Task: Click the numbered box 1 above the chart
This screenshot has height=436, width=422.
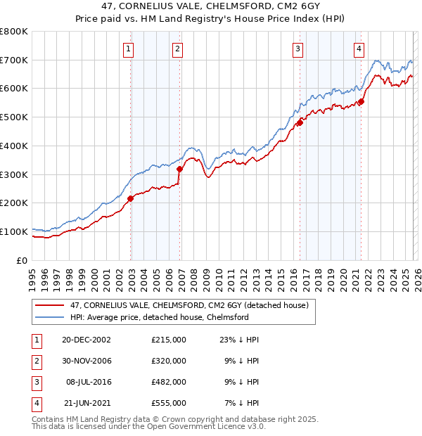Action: tap(129, 49)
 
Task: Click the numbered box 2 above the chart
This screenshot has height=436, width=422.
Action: tap(177, 49)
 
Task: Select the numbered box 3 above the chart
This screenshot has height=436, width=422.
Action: tap(298, 49)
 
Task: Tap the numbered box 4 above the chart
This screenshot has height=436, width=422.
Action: tap(359, 49)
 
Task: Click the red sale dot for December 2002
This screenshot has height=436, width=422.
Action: tap(130, 198)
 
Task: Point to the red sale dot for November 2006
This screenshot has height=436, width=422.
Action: tap(179, 169)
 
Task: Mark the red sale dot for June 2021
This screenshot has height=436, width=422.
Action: tap(361, 101)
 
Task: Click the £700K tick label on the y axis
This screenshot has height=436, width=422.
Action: tap(14, 60)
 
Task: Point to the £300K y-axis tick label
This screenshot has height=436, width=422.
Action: tap(14, 174)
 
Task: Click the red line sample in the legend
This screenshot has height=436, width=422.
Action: tap(48, 306)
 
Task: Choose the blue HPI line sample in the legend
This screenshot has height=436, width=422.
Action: tap(48, 317)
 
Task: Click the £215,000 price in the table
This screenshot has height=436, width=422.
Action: tap(169, 339)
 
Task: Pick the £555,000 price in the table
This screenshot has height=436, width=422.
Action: tap(169, 403)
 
